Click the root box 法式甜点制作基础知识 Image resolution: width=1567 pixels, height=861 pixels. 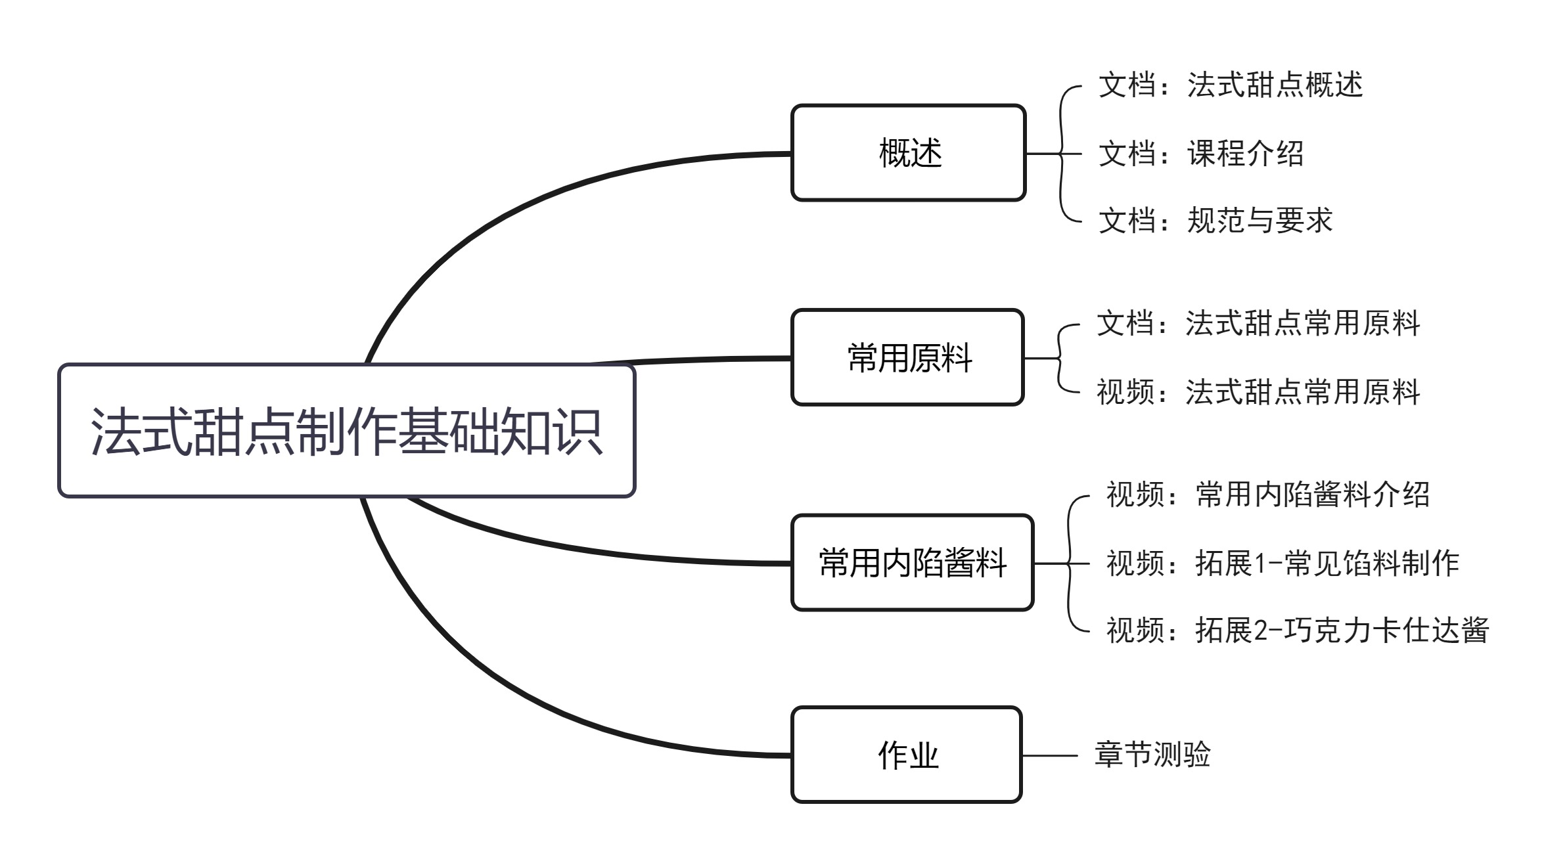pos(346,431)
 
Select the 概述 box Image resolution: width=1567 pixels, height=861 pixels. pos(908,153)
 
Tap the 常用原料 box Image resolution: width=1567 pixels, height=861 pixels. pos(908,358)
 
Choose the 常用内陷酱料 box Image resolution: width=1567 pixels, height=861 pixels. pos(912,563)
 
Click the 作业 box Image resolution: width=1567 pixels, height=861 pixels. pos(907,755)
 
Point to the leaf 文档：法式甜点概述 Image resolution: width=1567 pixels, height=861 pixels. pos(1230,85)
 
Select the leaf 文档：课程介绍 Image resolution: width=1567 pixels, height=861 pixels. pos(1200,154)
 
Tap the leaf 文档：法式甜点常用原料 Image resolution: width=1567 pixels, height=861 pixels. pos(1258,324)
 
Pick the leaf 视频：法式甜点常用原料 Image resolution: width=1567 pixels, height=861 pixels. pos(1258,392)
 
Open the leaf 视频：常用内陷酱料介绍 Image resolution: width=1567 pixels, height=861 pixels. pos(1267,495)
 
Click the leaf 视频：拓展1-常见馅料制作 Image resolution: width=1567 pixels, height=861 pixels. pos(1282,563)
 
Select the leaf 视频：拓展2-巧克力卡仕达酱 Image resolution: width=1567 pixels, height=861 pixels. pos(1297,630)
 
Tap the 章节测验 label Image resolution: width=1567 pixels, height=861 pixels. pos(1152,755)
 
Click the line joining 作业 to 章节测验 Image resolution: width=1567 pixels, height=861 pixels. pos(1050,755)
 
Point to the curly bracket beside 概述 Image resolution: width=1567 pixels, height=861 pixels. pos(1062,154)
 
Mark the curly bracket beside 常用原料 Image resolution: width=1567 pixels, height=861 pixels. pos(1059,358)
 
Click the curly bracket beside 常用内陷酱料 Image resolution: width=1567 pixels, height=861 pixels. pos(1070,563)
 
